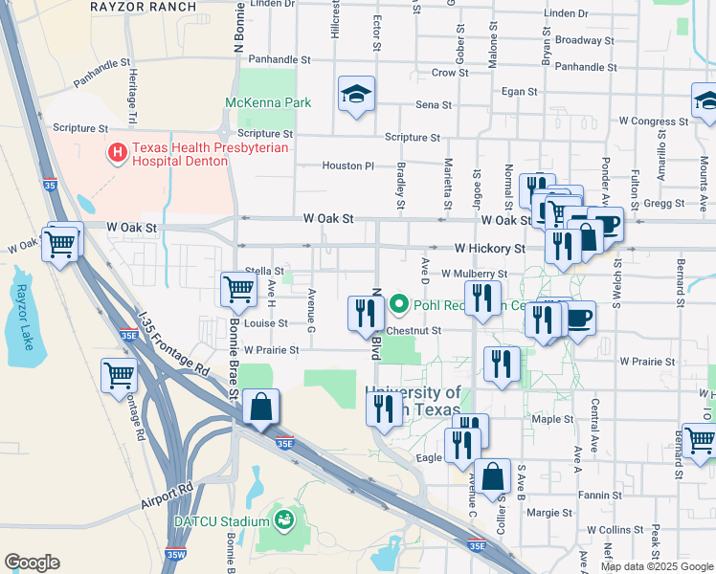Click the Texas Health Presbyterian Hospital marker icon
pyautogui.click(x=118, y=151)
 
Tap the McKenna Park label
pyautogui.click(x=268, y=102)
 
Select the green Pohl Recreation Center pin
pyautogui.click(x=399, y=306)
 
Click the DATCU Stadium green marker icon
pyautogui.click(x=283, y=519)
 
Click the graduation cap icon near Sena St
pyautogui.click(x=356, y=94)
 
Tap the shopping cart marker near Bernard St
pyautogui.click(x=700, y=440)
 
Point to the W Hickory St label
pyautogui.click(x=489, y=248)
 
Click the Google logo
pyautogui.click(x=32, y=563)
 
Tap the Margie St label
pyautogui.click(x=549, y=513)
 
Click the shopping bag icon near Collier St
pyautogui.click(x=493, y=476)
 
